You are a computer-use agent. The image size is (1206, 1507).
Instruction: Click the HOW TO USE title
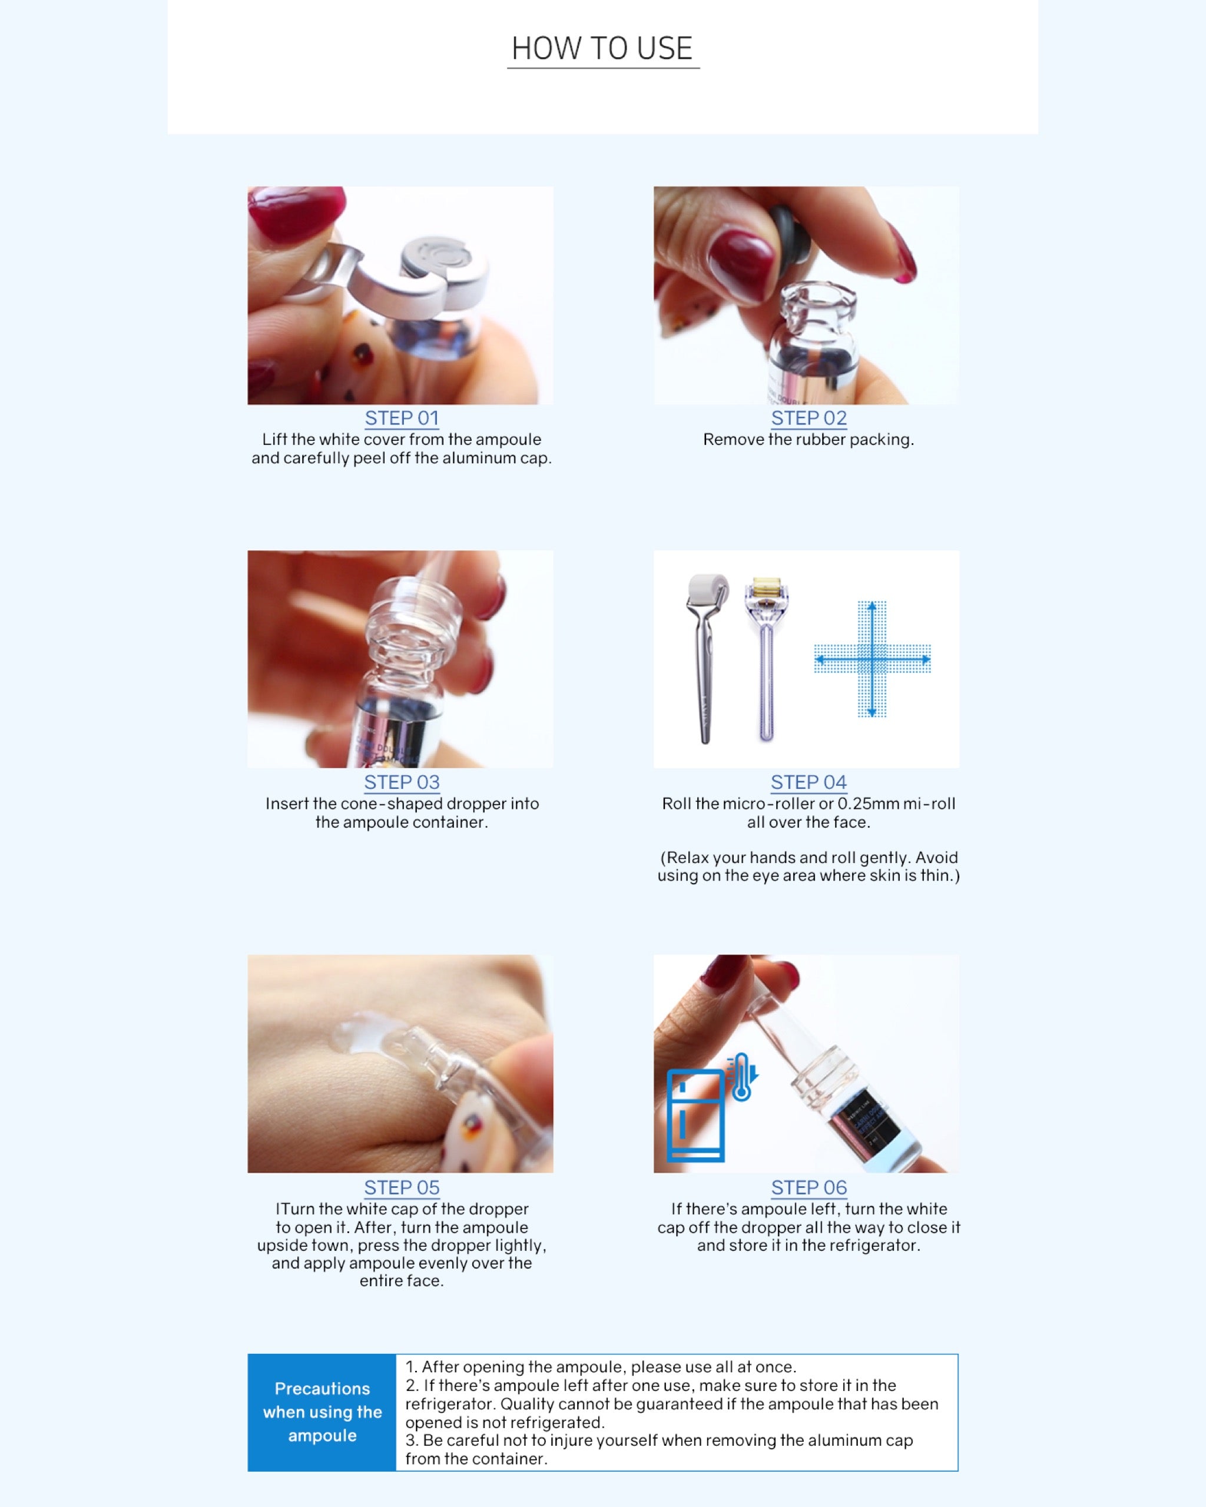coord(602,49)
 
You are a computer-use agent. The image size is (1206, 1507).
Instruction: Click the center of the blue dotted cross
coord(872,659)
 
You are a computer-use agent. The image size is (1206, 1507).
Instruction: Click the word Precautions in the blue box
coord(322,1388)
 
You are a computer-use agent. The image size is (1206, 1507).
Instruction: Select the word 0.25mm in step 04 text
coord(869,804)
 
